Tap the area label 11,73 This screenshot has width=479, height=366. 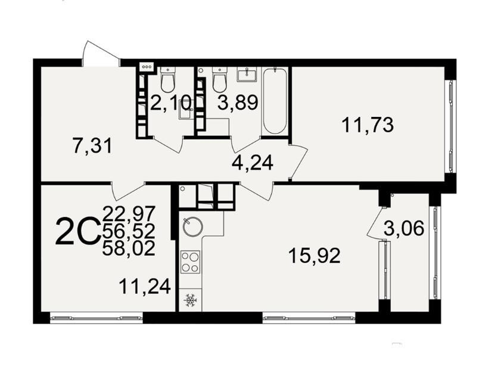(368, 125)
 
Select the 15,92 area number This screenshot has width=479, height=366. (315, 256)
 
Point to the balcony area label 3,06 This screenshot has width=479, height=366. (404, 228)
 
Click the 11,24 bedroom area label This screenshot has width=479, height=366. (145, 287)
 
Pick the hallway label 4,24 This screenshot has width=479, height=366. (252, 163)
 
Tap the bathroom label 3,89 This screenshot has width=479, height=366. (238, 102)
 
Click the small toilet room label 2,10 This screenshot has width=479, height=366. (171, 103)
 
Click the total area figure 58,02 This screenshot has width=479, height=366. (129, 249)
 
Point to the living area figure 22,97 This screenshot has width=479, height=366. (129, 213)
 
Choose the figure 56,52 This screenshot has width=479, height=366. (129, 231)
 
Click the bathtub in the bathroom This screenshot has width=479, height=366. (274, 101)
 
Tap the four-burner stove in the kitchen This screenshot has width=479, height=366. (190, 262)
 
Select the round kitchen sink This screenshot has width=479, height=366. (193, 227)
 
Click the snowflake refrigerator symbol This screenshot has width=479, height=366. (190, 300)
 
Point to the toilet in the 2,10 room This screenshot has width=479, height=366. (167, 80)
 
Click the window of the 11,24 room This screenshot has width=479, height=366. (97, 318)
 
